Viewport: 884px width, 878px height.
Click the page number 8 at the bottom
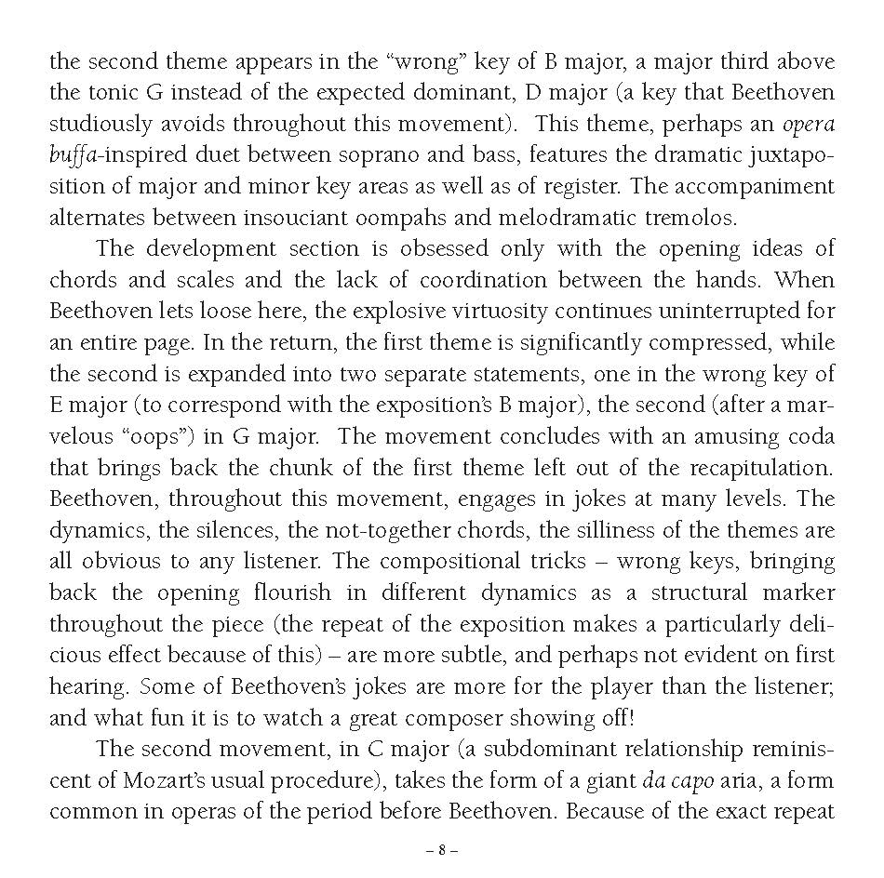pos(442,850)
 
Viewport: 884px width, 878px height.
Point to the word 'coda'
pos(810,437)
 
